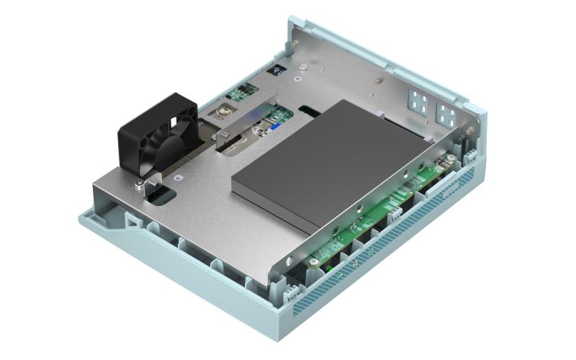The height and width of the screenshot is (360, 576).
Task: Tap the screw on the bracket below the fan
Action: pos(138,185)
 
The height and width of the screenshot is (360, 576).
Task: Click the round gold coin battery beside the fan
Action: pos(225,111)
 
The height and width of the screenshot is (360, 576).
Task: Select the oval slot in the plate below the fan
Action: pos(163,193)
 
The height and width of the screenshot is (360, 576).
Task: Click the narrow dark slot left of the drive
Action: pos(310,112)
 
